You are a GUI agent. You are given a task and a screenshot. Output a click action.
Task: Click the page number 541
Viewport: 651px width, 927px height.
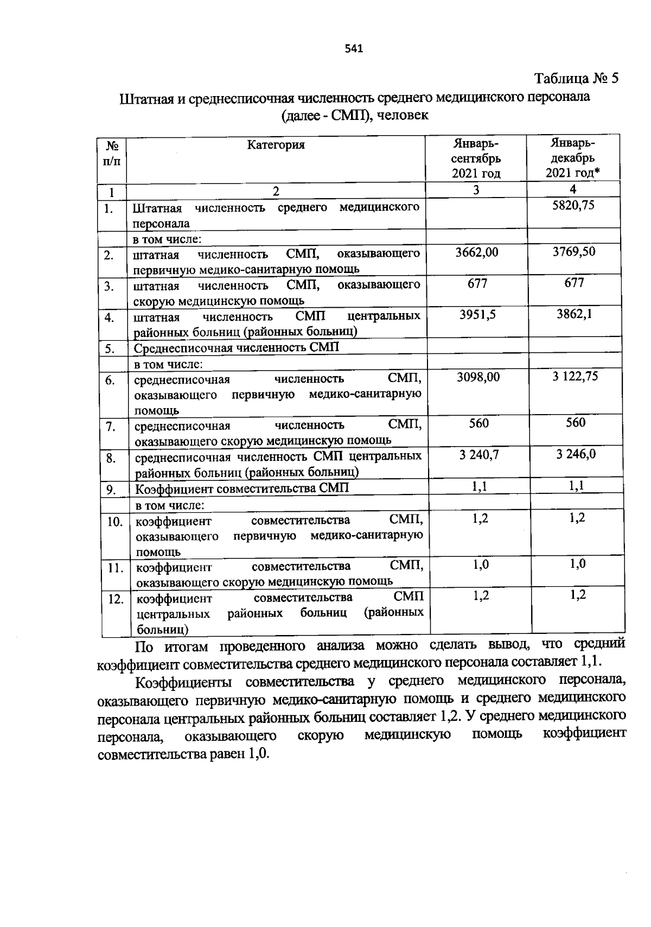tap(354, 49)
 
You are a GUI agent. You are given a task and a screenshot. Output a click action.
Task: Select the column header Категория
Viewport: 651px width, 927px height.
tap(276, 145)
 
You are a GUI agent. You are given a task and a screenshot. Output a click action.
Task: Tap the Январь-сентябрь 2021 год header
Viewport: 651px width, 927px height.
tap(476, 158)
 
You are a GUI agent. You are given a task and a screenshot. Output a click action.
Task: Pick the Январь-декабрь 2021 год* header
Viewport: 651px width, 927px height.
tap(573, 158)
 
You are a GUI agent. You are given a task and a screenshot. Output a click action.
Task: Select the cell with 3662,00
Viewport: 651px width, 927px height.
tap(477, 252)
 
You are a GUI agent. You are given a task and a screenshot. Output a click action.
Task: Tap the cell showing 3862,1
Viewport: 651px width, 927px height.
tap(573, 314)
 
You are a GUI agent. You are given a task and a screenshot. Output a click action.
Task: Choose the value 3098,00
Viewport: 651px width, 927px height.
tap(477, 377)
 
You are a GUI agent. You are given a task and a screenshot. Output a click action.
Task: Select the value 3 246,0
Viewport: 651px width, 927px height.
tap(576, 454)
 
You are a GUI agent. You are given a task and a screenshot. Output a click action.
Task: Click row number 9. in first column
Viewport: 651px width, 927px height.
tap(111, 490)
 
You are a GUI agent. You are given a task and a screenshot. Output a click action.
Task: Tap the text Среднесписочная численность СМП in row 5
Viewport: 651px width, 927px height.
tap(237, 348)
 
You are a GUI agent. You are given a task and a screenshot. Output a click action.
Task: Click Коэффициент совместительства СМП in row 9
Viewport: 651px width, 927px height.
tap(242, 488)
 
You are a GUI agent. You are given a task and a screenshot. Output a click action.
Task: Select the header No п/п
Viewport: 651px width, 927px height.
tap(112, 154)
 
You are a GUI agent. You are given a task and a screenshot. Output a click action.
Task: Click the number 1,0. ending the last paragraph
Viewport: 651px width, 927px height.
tap(258, 755)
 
